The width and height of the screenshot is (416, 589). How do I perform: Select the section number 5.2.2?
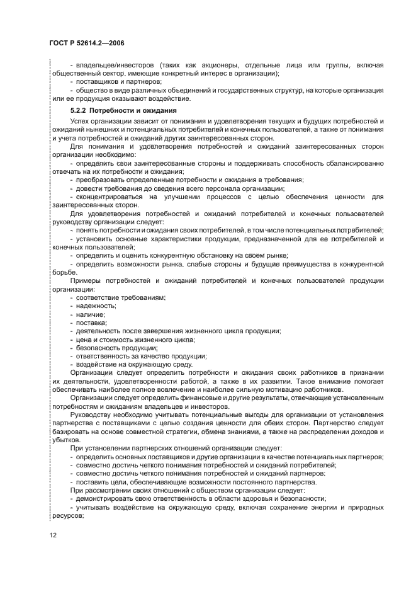tap(81, 110)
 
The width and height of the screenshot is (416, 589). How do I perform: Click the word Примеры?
tap(86, 281)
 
